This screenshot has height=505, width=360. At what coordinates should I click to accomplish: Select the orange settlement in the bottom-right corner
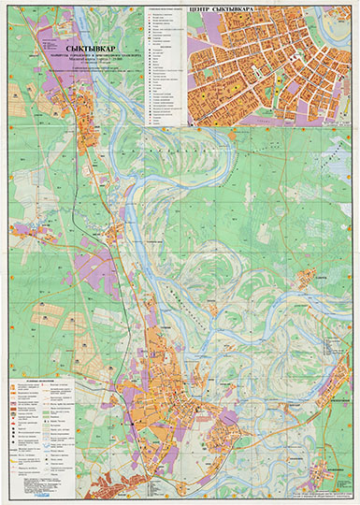[327, 449]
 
